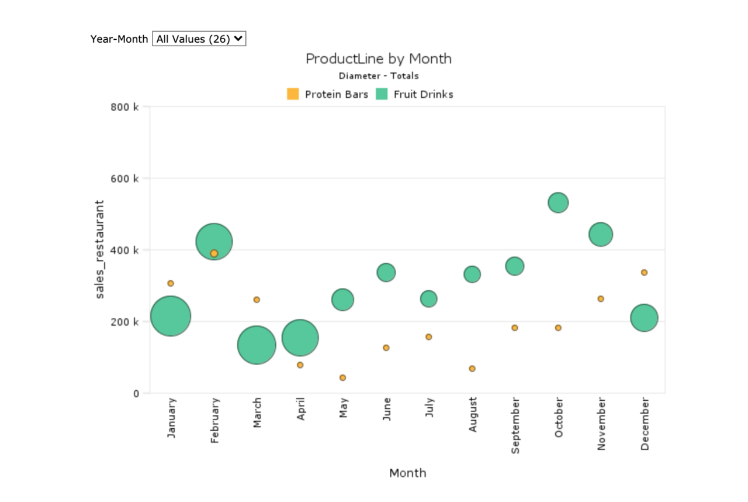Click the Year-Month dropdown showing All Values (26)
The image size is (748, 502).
(x=199, y=39)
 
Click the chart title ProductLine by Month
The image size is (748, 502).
(x=378, y=59)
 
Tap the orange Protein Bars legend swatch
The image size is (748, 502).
(x=293, y=94)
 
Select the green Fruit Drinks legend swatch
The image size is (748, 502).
(x=382, y=94)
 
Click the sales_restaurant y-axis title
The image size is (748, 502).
(x=100, y=249)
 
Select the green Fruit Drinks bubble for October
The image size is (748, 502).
(x=558, y=202)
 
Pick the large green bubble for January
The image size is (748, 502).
(x=171, y=316)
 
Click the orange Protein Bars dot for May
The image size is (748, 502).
(x=342, y=377)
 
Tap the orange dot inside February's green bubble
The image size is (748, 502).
(x=214, y=253)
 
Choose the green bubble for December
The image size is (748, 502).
(x=644, y=318)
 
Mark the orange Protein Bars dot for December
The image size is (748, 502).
(x=644, y=272)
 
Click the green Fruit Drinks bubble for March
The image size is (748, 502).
(x=257, y=345)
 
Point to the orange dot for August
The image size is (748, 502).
(x=472, y=369)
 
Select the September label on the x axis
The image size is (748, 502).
(x=515, y=425)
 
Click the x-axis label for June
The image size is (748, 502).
(x=386, y=409)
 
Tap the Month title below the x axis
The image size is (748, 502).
(x=407, y=473)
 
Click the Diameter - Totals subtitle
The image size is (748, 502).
(x=378, y=75)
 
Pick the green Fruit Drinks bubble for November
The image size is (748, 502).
(x=601, y=235)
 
